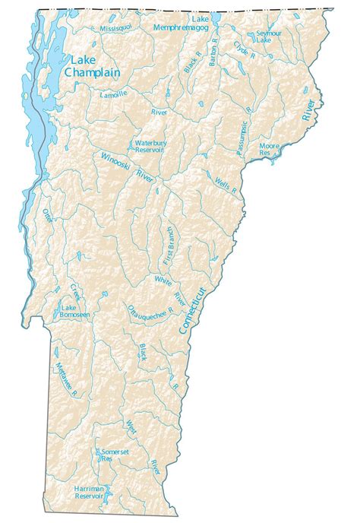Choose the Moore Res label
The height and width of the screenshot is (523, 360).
click(270, 147)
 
